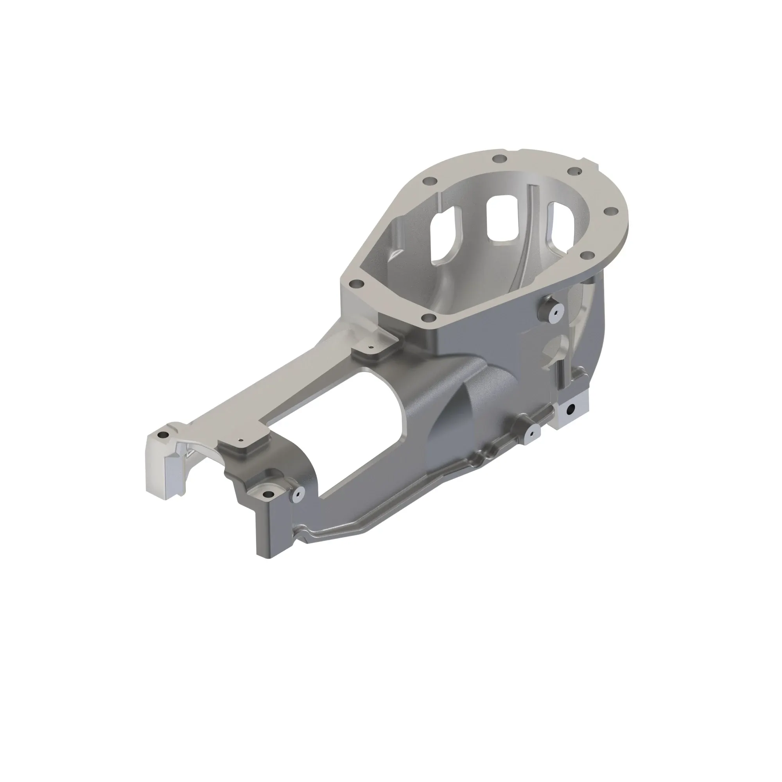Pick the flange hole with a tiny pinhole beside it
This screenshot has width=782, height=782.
574,172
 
